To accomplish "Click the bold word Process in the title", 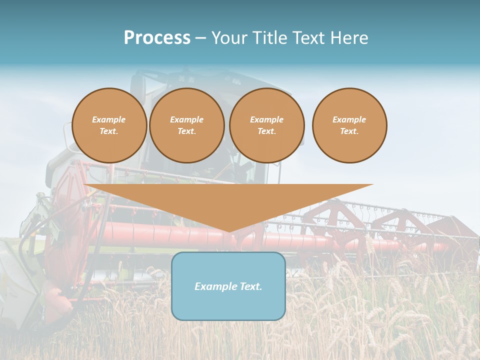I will click(x=157, y=38).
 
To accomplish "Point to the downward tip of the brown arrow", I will click(x=228, y=231).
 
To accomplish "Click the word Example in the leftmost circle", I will click(x=109, y=119).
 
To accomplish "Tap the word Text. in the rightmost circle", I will click(x=349, y=131).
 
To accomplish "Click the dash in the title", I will click(x=200, y=38).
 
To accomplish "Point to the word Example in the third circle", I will click(x=267, y=119).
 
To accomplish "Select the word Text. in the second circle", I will click(x=187, y=131).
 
